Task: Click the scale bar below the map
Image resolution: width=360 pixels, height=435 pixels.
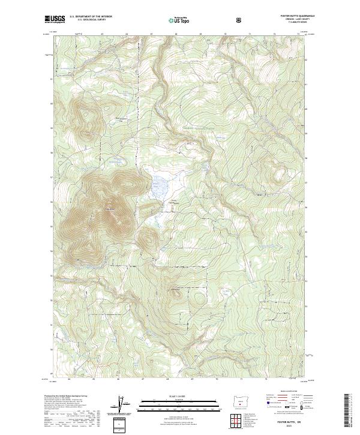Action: coord(175,406)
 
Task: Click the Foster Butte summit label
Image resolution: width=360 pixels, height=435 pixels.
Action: coord(109,209)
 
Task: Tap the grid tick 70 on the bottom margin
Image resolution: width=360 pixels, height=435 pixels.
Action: coord(222,379)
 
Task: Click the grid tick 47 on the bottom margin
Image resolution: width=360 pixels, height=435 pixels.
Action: coord(143,379)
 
